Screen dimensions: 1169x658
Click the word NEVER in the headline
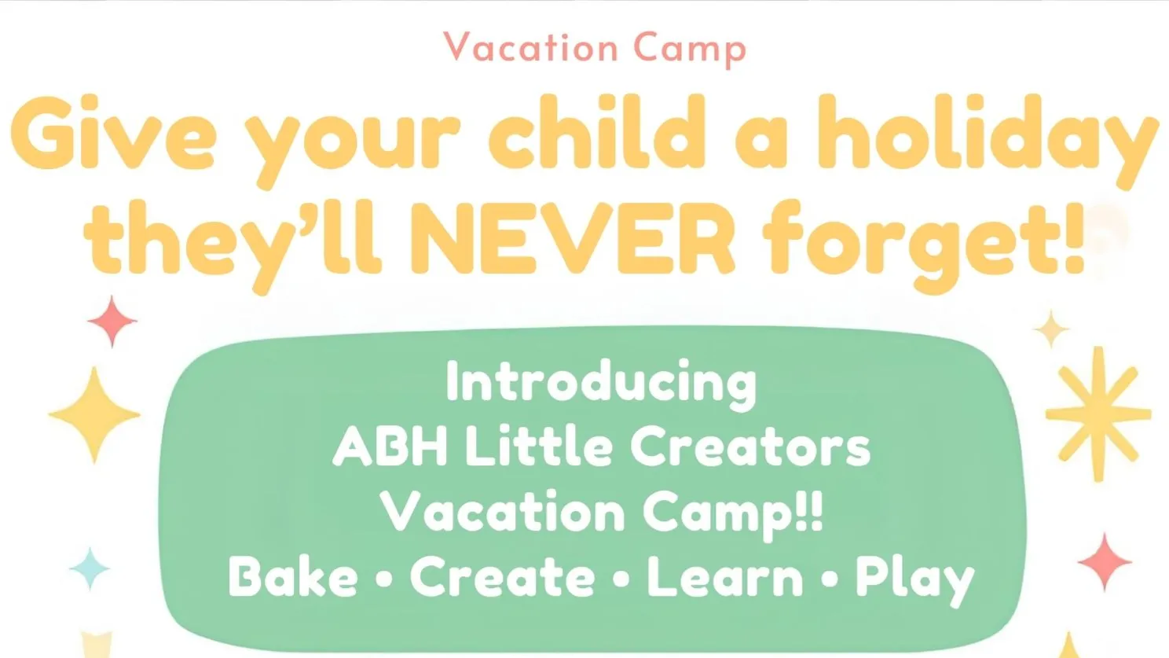(x=573, y=239)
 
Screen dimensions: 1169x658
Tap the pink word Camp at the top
(x=690, y=50)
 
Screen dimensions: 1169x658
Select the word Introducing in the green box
(x=601, y=385)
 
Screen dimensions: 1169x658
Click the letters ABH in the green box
(x=390, y=447)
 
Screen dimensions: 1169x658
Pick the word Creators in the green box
(x=751, y=447)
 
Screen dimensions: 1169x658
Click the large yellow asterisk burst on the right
(x=1098, y=414)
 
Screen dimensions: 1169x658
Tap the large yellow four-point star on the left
(x=94, y=415)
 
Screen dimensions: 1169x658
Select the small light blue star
(x=90, y=568)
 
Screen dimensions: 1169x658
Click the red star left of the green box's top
(x=112, y=321)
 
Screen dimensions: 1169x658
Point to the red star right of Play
(x=1105, y=562)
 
